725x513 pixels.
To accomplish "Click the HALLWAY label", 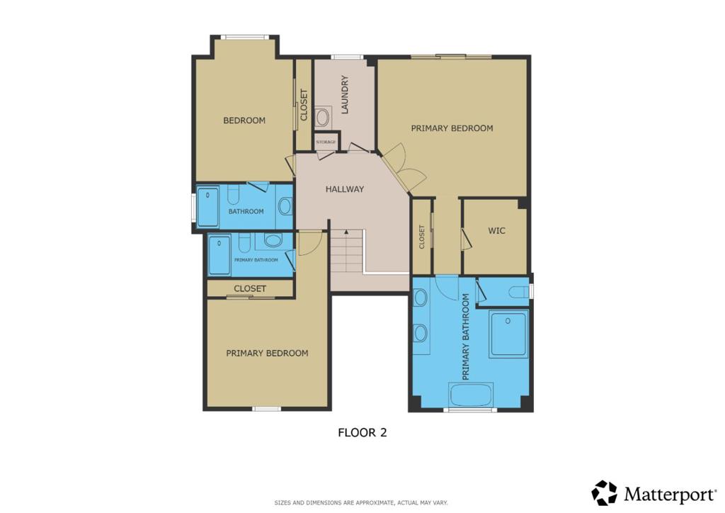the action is click(345, 188).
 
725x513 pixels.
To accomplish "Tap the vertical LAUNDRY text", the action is click(344, 94).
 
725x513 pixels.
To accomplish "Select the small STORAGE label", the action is click(326, 142).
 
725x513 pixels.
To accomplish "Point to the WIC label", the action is click(496, 230).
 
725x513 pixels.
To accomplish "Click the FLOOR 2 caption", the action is click(362, 432).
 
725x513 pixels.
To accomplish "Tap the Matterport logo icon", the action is click(605, 492).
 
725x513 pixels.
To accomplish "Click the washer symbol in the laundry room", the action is click(323, 117).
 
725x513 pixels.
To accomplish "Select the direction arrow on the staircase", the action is click(346, 231).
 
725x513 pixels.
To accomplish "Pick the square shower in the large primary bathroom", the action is click(508, 334).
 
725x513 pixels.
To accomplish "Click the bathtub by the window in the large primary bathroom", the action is click(471, 395).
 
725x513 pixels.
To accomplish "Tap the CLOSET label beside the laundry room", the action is click(304, 105).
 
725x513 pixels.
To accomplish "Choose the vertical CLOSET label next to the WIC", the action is click(422, 237).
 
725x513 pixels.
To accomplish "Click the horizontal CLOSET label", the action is click(250, 288).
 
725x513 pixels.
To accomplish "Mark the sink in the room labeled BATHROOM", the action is click(285, 206).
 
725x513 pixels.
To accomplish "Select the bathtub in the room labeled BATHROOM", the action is click(207, 207).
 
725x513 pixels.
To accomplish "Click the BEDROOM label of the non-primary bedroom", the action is click(244, 120).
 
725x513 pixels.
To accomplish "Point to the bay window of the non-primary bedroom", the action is click(244, 37).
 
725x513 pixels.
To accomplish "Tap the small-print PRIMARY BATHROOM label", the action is click(256, 260).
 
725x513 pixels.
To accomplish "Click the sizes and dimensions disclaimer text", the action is click(361, 502).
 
